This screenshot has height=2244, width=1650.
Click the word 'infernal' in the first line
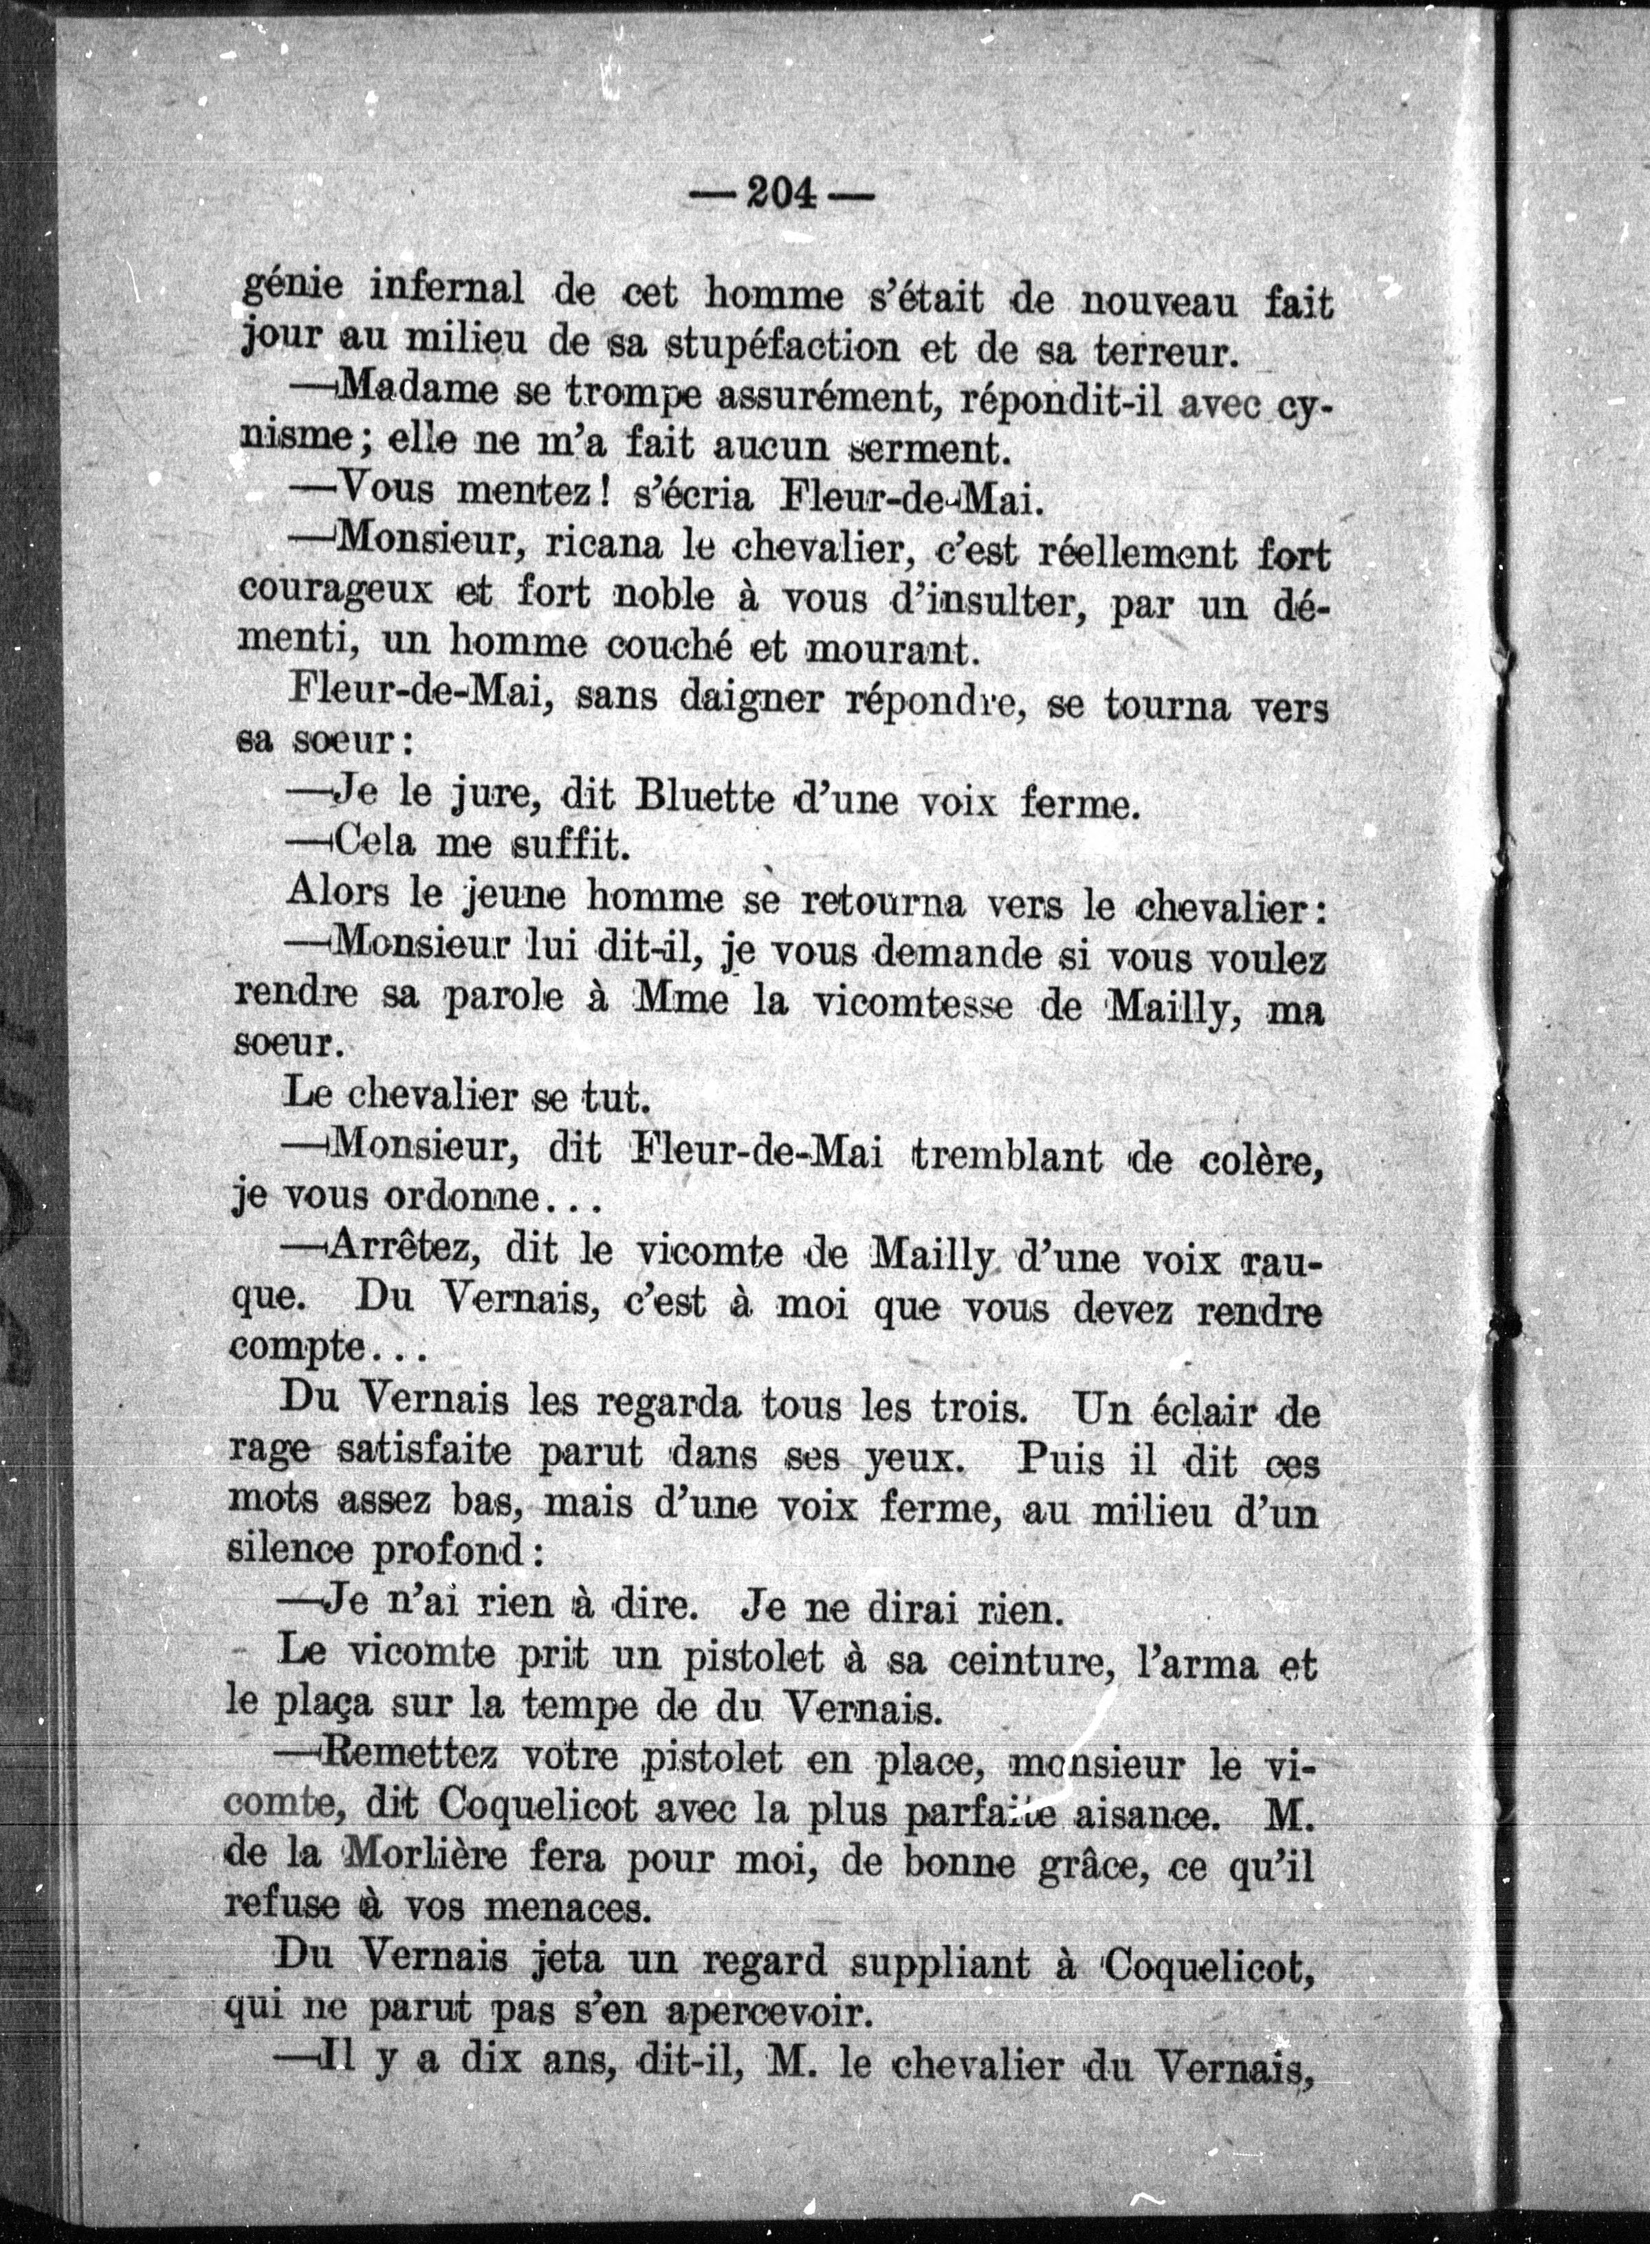coord(446,291)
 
